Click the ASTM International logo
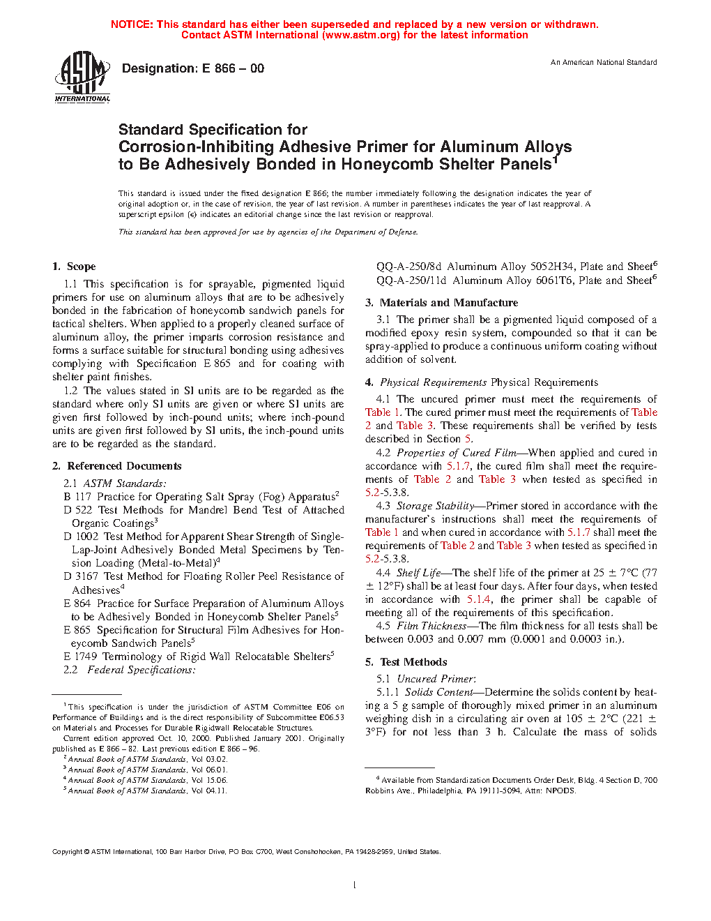pyautogui.click(x=82, y=77)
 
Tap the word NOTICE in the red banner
pyautogui.click(x=132, y=24)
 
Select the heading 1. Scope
pyautogui.click(x=74, y=267)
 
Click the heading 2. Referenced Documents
pyautogui.click(x=117, y=466)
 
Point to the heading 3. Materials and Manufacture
pyautogui.click(x=441, y=303)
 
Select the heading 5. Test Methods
pyautogui.click(x=406, y=662)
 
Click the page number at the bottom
pyautogui.click(x=355, y=885)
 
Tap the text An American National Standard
pyautogui.click(x=604, y=63)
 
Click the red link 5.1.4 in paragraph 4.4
pyautogui.click(x=479, y=599)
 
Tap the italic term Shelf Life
pyautogui.click(x=418, y=573)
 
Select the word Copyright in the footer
pyautogui.click(x=68, y=852)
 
